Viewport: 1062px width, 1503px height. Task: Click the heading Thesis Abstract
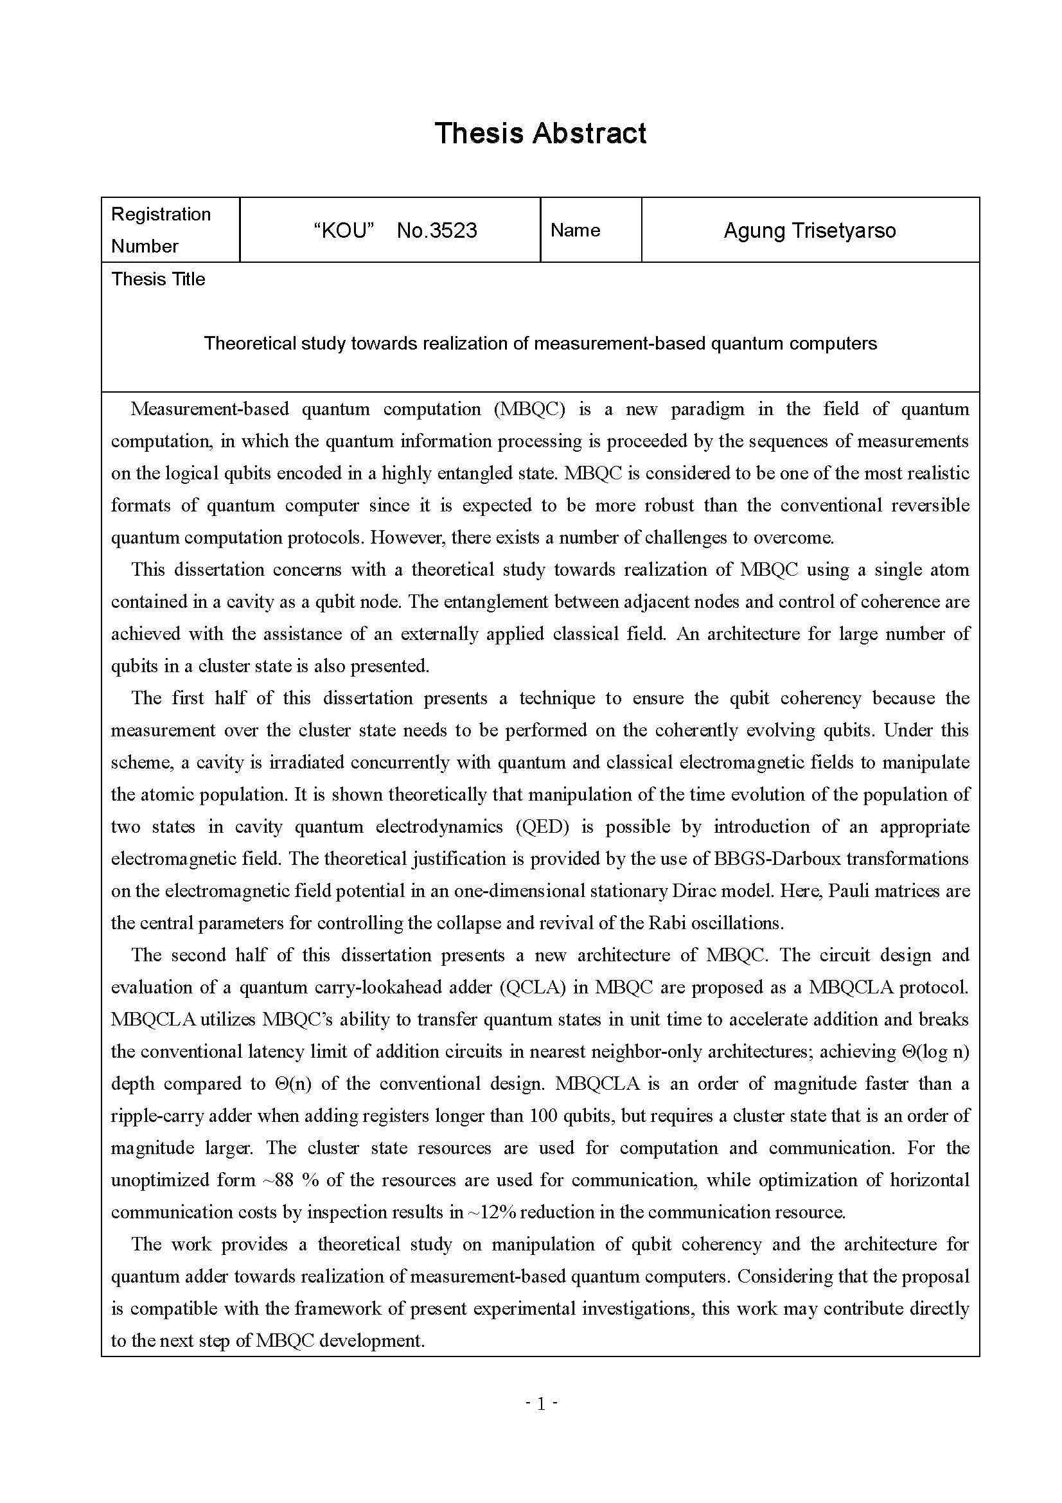(540, 133)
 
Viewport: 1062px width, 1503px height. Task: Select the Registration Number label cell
(161, 230)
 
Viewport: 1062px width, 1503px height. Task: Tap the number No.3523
(436, 231)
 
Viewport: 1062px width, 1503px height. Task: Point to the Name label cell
(575, 230)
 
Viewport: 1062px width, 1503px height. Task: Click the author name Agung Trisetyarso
(810, 231)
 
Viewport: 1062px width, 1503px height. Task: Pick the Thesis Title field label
(158, 280)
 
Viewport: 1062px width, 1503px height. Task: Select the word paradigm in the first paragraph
(707, 409)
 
